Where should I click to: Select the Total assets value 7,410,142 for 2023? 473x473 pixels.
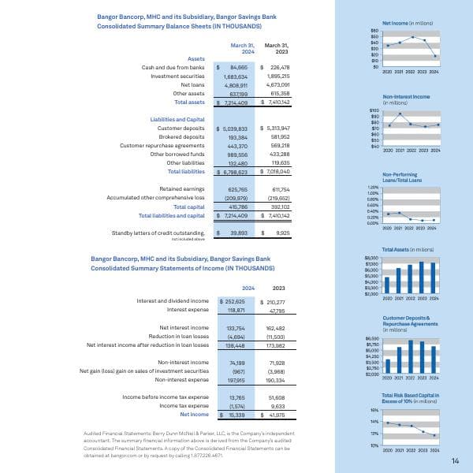tap(276, 102)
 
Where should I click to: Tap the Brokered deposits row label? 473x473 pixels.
tap(184, 136)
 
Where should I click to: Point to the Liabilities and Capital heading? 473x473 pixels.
tap(172, 118)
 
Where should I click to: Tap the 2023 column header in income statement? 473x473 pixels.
tap(277, 288)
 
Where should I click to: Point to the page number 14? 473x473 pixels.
tap(455, 461)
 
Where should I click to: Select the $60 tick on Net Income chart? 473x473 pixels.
tap(374, 31)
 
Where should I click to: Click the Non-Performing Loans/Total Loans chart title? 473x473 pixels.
tap(402, 177)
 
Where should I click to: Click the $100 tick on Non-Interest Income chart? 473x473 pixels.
tap(374, 111)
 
